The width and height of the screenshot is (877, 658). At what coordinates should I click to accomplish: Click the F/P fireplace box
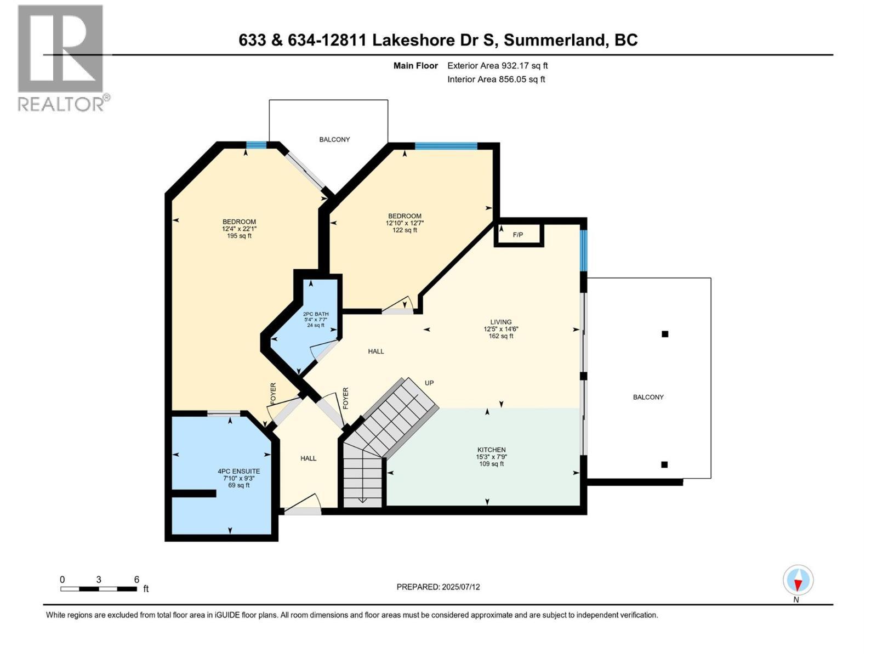pyautogui.click(x=518, y=235)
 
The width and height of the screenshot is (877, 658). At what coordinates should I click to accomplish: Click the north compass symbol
pyautogui.click(x=798, y=581)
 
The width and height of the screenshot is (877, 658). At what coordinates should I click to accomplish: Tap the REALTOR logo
pyautogui.click(x=61, y=58)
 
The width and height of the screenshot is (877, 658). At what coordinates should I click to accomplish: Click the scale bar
pyautogui.click(x=99, y=589)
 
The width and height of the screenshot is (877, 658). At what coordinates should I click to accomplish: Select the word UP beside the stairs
pyautogui.click(x=429, y=383)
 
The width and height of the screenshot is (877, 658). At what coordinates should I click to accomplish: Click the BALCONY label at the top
pyautogui.click(x=334, y=139)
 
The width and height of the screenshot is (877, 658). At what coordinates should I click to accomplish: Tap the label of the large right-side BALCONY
pyautogui.click(x=648, y=397)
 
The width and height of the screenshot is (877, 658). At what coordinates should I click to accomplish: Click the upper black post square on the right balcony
pyautogui.click(x=665, y=334)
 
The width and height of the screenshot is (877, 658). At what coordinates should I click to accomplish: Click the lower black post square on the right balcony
pyautogui.click(x=664, y=464)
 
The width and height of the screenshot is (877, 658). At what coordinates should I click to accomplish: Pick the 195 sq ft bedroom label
pyautogui.click(x=239, y=229)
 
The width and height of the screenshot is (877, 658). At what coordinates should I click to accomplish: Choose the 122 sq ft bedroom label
pyautogui.click(x=405, y=223)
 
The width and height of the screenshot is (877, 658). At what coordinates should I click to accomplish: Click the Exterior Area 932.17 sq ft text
pyautogui.click(x=497, y=66)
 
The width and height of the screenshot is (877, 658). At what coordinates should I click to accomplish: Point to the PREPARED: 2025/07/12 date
pyautogui.click(x=438, y=587)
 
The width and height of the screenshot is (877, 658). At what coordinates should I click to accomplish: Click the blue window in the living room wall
pyautogui.click(x=584, y=250)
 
